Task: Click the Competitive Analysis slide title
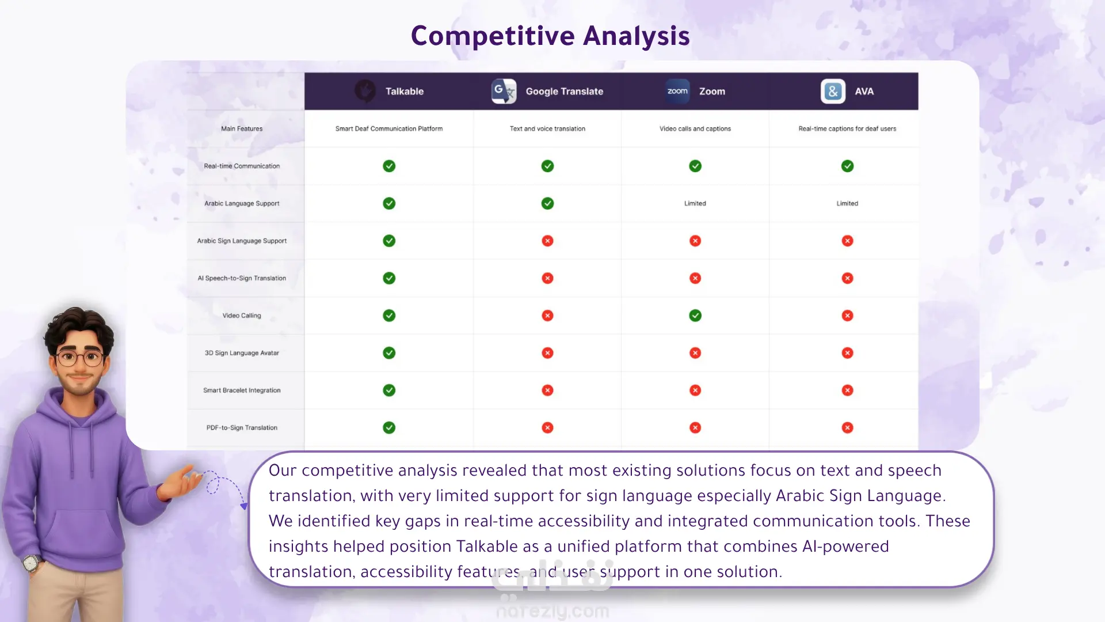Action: [550, 36]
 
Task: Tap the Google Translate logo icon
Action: [504, 91]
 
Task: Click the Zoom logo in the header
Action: [677, 91]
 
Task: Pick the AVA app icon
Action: [833, 91]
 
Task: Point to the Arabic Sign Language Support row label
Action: [242, 241]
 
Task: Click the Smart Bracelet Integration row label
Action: [242, 390]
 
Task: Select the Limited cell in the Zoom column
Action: [695, 203]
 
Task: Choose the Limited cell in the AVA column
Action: [847, 203]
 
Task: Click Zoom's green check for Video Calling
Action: [695, 316]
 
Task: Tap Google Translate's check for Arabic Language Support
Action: [547, 203]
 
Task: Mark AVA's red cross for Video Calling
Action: [847, 316]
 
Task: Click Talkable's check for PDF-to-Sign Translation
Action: [389, 427]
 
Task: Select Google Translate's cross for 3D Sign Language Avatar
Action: [547, 353]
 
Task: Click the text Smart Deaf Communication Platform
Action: [389, 129]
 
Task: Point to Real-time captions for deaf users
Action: [847, 129]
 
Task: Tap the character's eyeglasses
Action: [81, 358]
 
